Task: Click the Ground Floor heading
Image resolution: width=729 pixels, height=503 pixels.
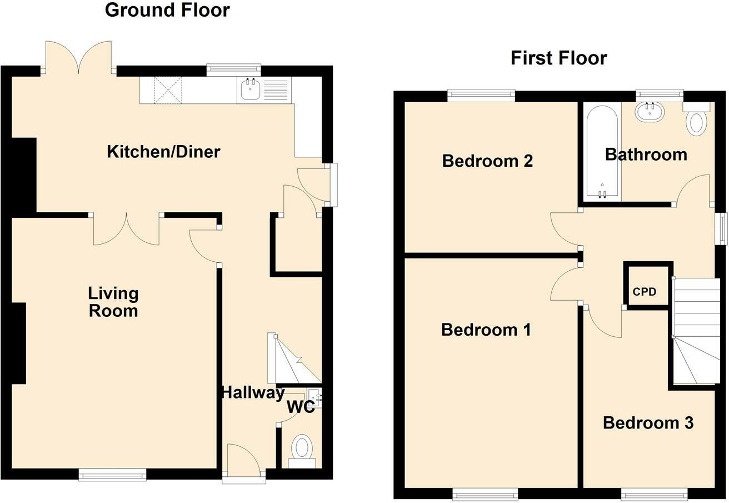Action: click(167, 10)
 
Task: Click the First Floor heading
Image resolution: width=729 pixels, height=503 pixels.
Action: click(559, 58)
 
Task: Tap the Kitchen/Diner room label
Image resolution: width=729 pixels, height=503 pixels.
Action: click(164, 152)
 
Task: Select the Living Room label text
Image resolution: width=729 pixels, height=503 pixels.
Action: click(113, 302)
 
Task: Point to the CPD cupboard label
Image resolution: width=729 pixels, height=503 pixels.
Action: click(645, 292)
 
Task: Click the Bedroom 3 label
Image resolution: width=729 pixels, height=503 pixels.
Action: click(648, 423)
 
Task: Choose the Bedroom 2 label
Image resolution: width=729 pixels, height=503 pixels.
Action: click(487, 161)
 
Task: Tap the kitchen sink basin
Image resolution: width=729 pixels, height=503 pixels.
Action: click(250, 89)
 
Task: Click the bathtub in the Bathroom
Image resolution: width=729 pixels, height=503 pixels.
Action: click(602, 151)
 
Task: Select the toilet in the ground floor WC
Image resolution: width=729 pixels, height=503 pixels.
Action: click(302, 451)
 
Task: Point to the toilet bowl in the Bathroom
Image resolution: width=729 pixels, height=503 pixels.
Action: click(696, 121)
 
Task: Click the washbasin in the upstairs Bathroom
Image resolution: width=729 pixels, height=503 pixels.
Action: click(650, 112)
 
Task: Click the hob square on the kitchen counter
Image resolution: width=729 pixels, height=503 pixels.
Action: click(168, 90)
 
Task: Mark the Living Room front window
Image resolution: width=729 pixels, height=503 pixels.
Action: click(112, 475)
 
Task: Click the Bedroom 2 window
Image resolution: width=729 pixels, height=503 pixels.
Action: click(481, 95)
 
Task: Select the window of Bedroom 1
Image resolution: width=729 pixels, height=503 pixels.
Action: click(485, 495)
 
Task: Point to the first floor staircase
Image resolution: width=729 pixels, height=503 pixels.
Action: click(696, 331)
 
